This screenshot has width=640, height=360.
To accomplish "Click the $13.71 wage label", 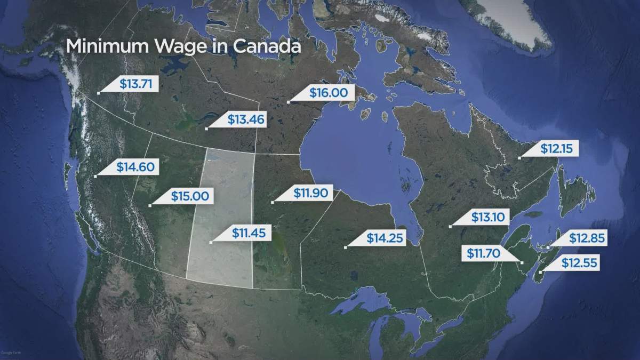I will (x=135, y=84).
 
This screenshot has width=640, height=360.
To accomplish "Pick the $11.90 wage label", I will (x=309, y=193).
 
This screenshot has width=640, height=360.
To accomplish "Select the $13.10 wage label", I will (x=487, y=217).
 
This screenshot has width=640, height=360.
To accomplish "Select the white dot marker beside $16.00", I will (x=288, y=101).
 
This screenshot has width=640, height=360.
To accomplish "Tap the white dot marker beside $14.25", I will (x=346, y=247).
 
